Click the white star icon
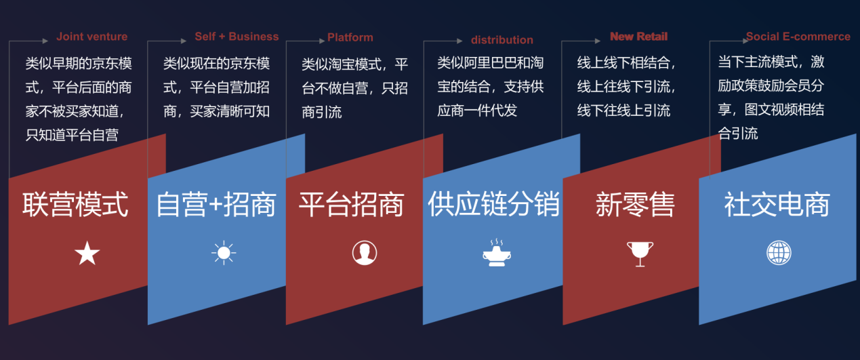(87, 254)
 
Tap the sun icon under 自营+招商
(224, 253)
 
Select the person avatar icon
(365, 253)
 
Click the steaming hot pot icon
(497, 252)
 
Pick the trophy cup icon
(640, 254)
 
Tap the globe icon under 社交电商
(779, 252)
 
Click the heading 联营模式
(75, 204)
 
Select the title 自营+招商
(216, 204)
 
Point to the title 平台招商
(351, 204)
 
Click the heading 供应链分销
(494, 204)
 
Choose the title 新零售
(635, 204)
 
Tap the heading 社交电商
(777, 204)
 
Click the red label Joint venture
(91, 37)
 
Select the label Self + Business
(237, 37)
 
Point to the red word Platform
(350, 37)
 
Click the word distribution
(501, 40)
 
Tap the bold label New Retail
(639, 37)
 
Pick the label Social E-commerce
(798, 37)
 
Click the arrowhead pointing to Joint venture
(45, 41)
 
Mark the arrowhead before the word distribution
(460, 41)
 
